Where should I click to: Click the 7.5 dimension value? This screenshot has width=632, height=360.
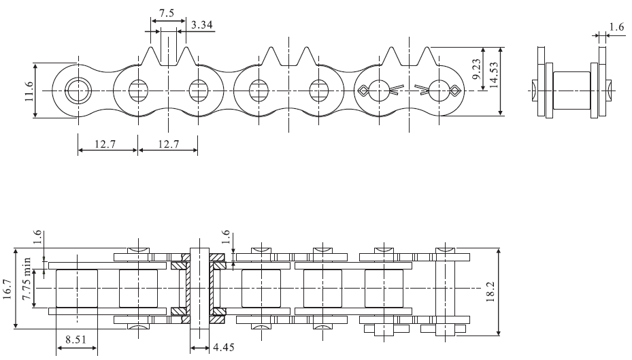click(166, 14)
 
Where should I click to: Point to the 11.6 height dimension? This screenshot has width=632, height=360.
click(27, 90)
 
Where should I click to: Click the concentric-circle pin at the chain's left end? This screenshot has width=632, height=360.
click(77, 90)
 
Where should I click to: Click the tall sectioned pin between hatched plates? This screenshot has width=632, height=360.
click(199, 288)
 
